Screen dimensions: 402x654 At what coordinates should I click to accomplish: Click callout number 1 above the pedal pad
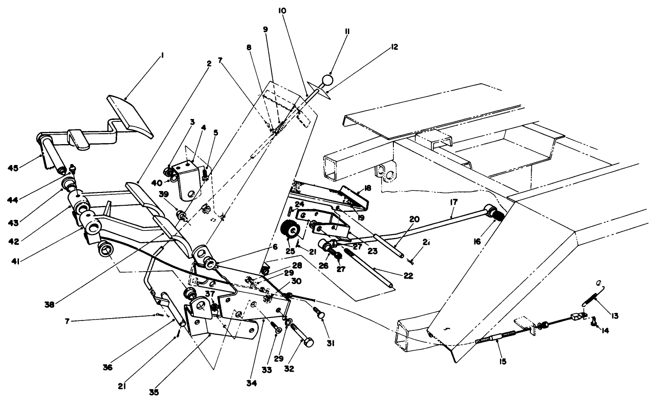162,55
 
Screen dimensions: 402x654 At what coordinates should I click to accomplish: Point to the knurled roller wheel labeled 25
291,232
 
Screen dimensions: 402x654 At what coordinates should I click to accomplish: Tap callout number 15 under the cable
502,361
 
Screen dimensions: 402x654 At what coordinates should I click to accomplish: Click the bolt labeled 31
318,313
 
